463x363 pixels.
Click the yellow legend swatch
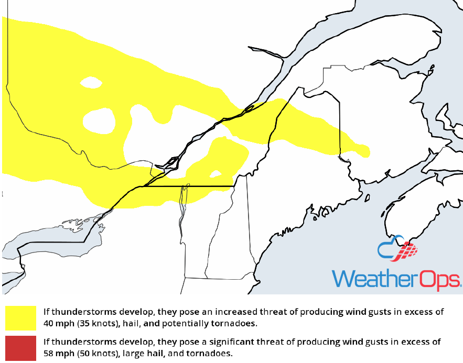20,317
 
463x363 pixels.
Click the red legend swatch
20,347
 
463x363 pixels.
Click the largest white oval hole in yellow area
99,120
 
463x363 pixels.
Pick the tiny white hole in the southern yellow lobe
216,173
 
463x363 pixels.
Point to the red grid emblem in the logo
407,252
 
